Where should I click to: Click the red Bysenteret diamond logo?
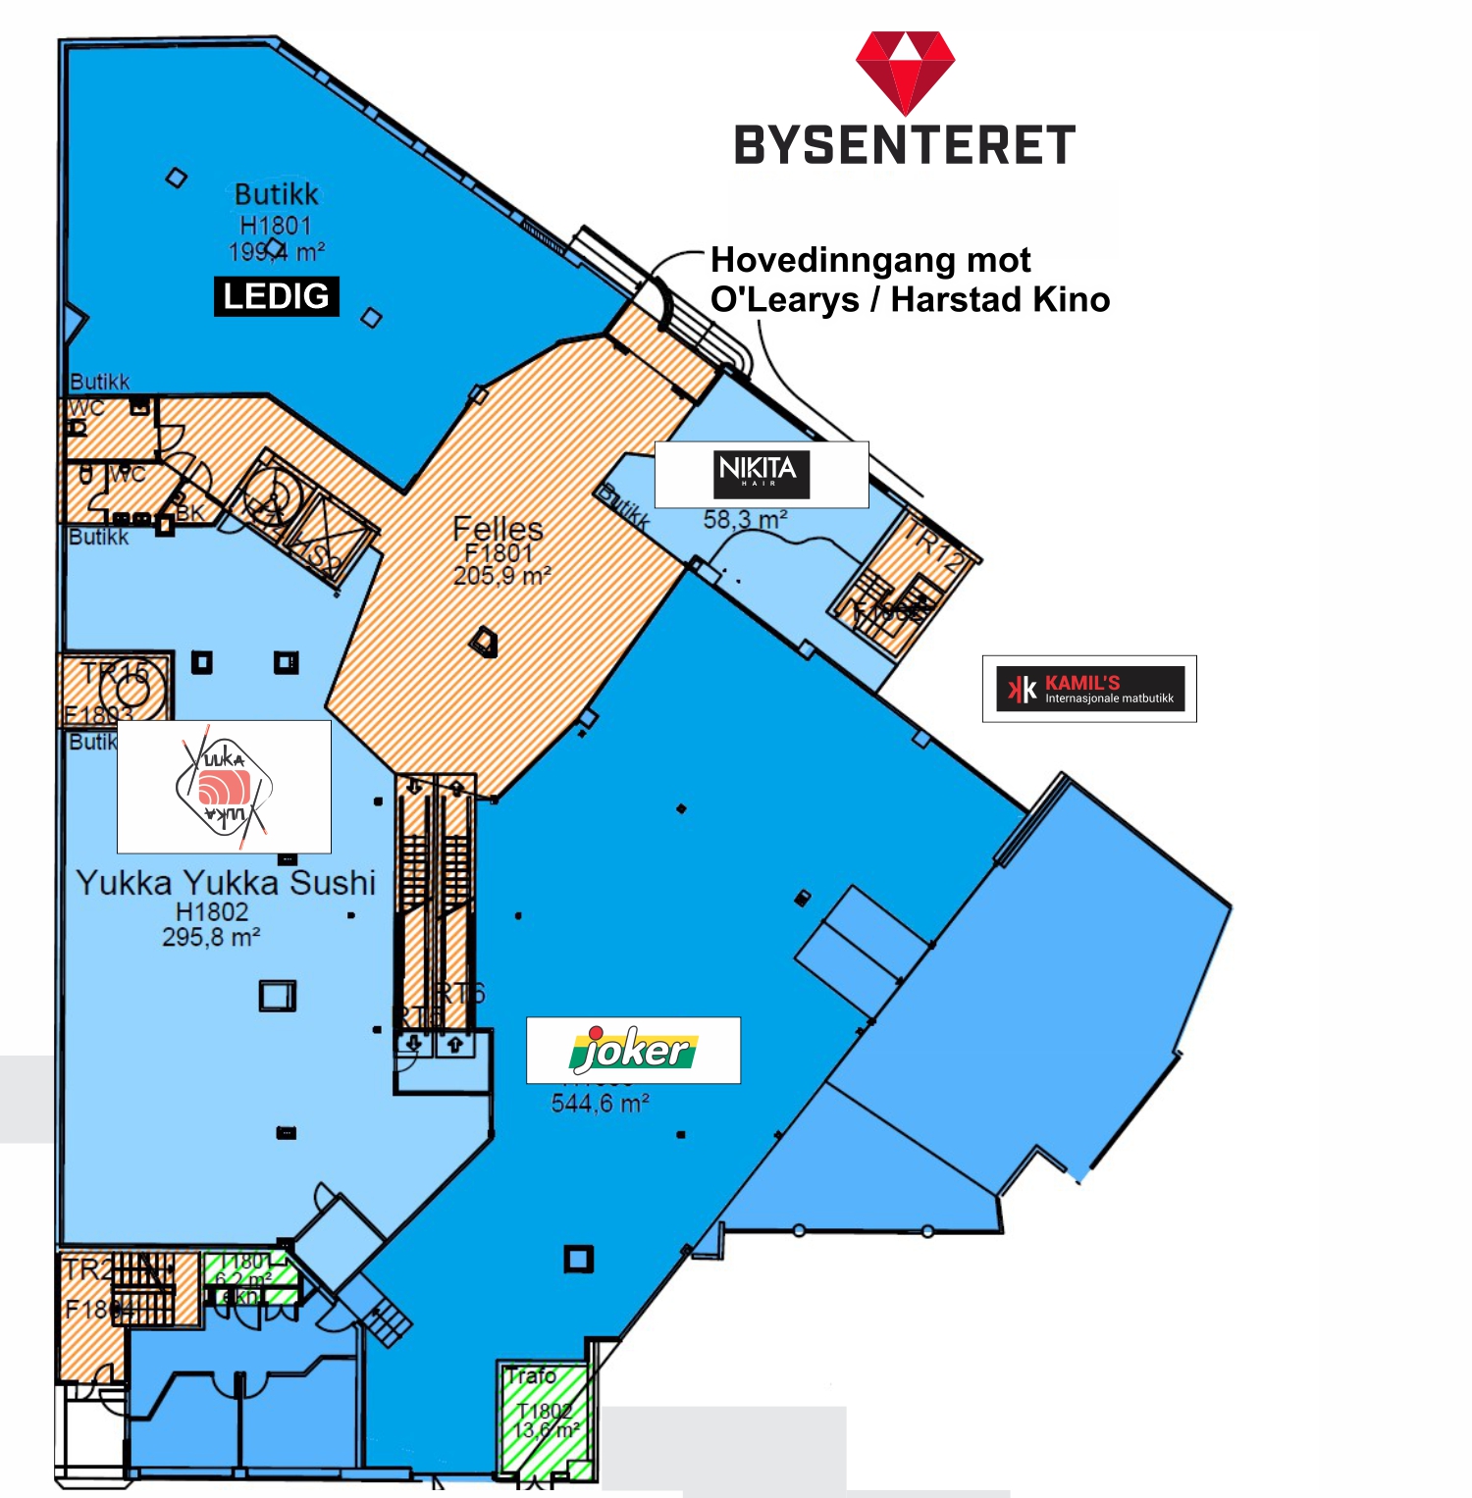coord(905,72)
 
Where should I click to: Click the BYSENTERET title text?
coord(905,145)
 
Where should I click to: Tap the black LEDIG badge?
coord(276,296)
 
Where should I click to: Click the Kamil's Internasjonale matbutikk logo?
coord(1089,689)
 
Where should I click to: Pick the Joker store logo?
coord(633,1050)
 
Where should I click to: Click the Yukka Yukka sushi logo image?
coord(224,787)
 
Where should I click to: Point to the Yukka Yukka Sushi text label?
coord(226,883)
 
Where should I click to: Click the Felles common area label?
coord(498,530)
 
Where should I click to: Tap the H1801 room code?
coord(276,226)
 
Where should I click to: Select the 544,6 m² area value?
coord(600,1104)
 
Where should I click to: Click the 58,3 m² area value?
coord(745,520)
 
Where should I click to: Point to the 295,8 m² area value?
coord(211,938)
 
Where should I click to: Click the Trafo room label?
coord(531,1376)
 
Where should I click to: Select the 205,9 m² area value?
coord(501,576)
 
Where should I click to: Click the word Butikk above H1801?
coord(277,194)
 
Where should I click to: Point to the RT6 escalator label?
coord(462,993)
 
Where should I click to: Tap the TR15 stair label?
coord(116,673)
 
